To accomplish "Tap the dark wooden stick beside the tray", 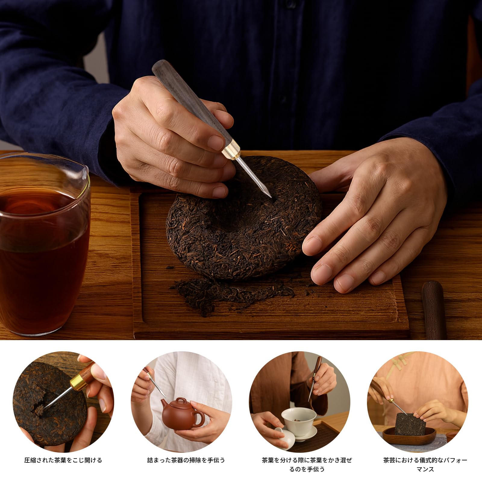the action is (434, 310).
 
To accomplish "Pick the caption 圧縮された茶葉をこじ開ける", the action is (63, 460).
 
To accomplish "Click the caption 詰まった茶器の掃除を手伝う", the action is (186, 460).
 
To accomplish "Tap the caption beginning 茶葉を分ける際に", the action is (307, 465).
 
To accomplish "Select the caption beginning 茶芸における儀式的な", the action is (425, 465).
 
